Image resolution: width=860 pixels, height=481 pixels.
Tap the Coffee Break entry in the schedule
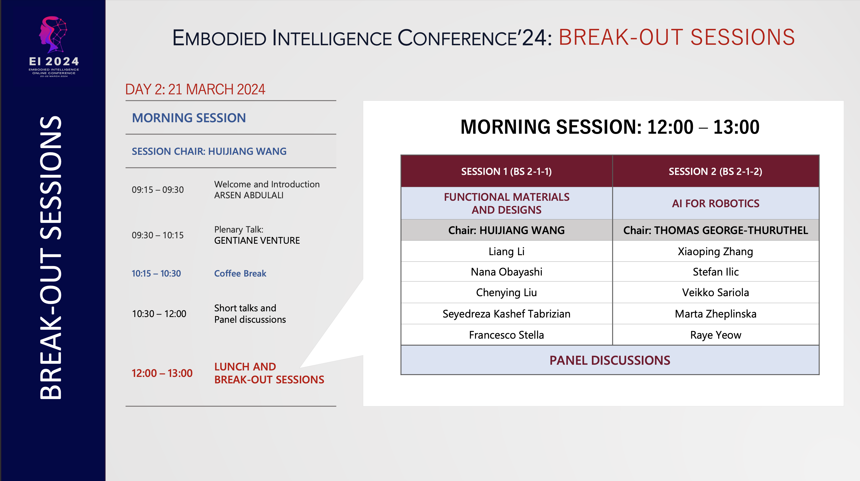(240, 274)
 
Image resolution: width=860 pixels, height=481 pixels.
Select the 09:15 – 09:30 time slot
(158, 190)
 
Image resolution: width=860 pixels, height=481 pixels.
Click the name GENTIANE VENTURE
(257, 240)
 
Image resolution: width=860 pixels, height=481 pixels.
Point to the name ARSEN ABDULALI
(249, 195)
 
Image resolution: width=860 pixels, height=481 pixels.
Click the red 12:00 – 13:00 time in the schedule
(162, 373)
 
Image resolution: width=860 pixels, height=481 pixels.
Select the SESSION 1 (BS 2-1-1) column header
(506, 171)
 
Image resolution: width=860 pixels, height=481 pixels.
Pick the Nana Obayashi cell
(506, 272)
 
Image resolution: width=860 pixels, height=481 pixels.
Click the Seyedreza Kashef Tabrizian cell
(506, 314)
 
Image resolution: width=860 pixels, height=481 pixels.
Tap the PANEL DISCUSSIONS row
(609, 360)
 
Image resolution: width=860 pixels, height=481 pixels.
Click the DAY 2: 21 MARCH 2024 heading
(195, 89)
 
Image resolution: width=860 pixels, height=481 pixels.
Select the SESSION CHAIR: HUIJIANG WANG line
(209, 151)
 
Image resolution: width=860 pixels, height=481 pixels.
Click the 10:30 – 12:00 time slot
(159, 314)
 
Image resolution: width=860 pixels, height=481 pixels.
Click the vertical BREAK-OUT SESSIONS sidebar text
(51, 257)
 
